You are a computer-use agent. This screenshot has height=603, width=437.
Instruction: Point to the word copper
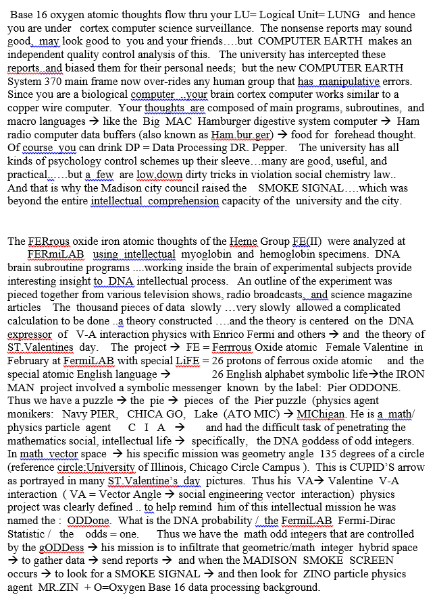pos(24,108)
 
